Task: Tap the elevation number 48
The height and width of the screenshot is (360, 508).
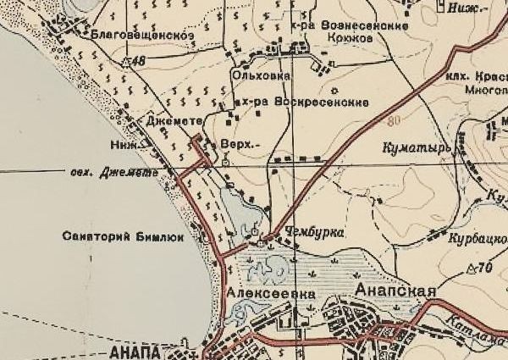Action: coord(140,61)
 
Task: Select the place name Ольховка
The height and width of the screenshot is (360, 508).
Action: coord(261,75)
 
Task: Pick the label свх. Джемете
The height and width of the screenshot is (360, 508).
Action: coord(114,173)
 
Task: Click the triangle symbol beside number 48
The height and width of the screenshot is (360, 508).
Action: coord(126,62)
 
